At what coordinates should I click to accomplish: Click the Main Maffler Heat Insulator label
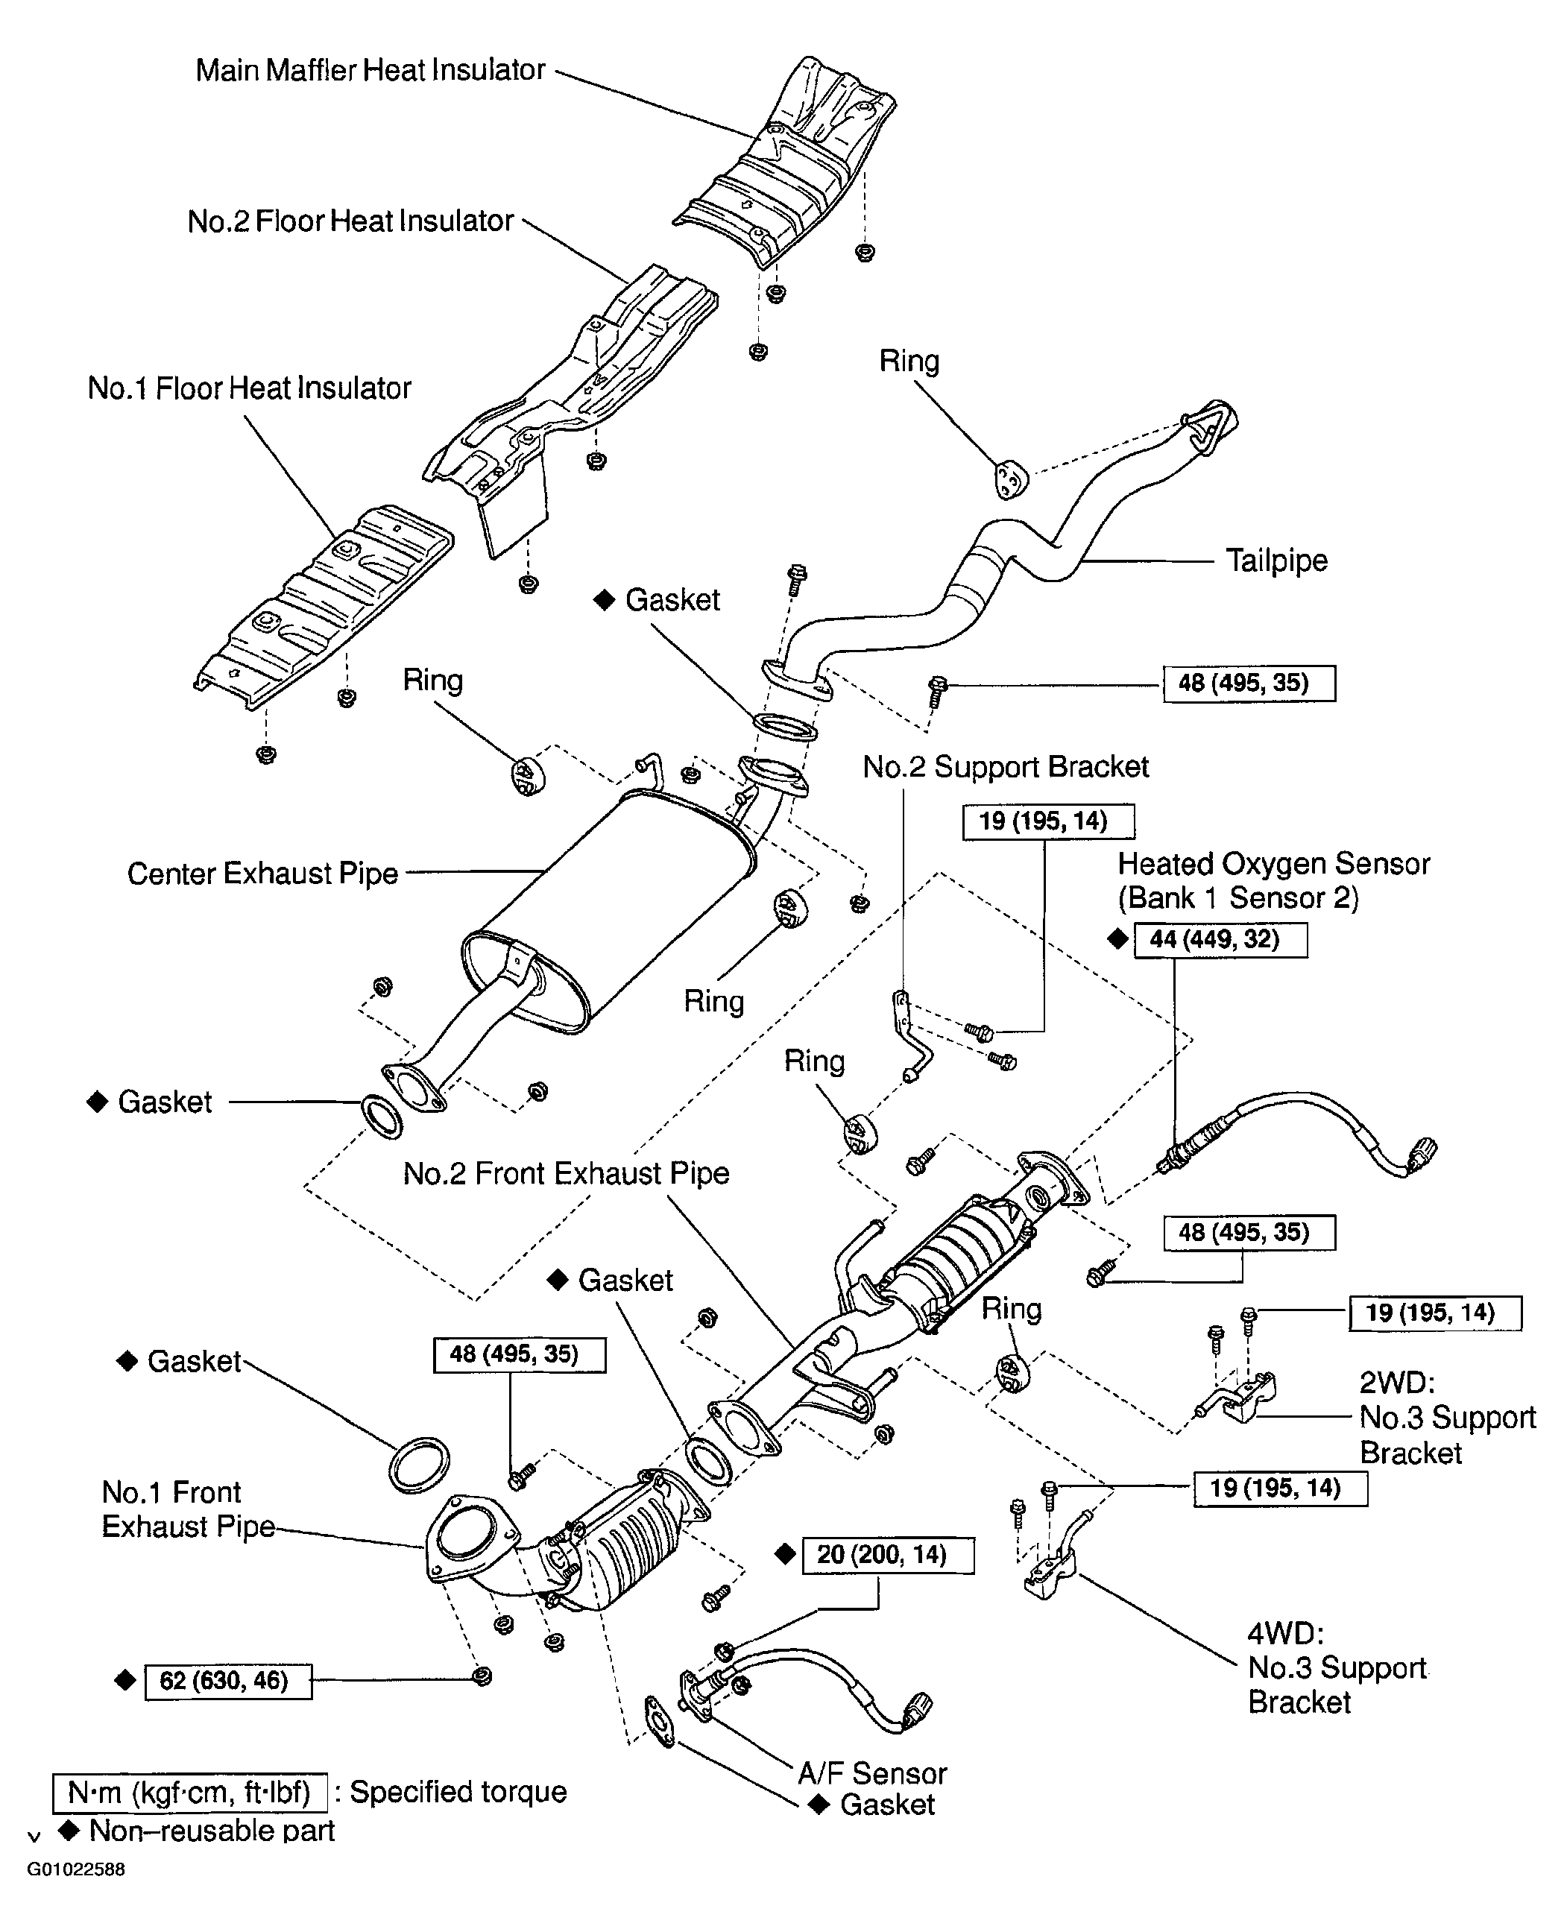[370, 70]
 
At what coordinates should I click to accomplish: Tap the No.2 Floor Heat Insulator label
[350, 221]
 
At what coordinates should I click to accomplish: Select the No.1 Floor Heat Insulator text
[249, 389]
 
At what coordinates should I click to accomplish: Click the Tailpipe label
[1276, 561]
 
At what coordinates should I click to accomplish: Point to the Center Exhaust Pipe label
[262, 874]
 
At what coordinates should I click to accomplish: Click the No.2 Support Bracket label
[1006, 768]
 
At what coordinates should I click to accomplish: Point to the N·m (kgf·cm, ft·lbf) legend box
[190, 1793]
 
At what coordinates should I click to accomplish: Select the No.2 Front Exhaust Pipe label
[566, 1174]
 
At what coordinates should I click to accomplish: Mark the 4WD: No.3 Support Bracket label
[1336, 1668]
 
